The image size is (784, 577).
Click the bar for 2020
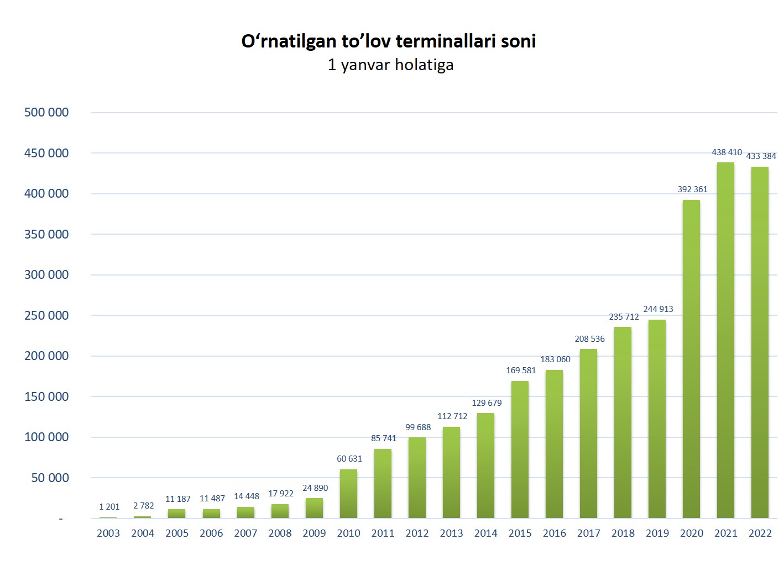(691, 359)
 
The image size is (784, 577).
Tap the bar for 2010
(348, 494)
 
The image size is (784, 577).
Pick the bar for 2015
(520, 449)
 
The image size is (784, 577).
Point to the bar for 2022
(760, 342)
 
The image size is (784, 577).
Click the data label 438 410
(726, 152)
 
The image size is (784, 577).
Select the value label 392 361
(692, 189)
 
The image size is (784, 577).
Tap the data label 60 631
(349, 459)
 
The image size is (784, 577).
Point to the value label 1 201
(109, 507)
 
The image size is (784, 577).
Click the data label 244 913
(658, 309)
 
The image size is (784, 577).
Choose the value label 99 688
(418, 427)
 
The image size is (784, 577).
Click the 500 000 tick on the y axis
(46, 113)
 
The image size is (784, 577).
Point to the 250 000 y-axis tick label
(46, 316)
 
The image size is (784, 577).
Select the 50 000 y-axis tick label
(50, 478)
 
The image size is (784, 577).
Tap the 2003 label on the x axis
(108, 533)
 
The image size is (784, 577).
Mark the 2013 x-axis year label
(451, 533)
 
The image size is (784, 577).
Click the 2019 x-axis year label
(657, 533)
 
